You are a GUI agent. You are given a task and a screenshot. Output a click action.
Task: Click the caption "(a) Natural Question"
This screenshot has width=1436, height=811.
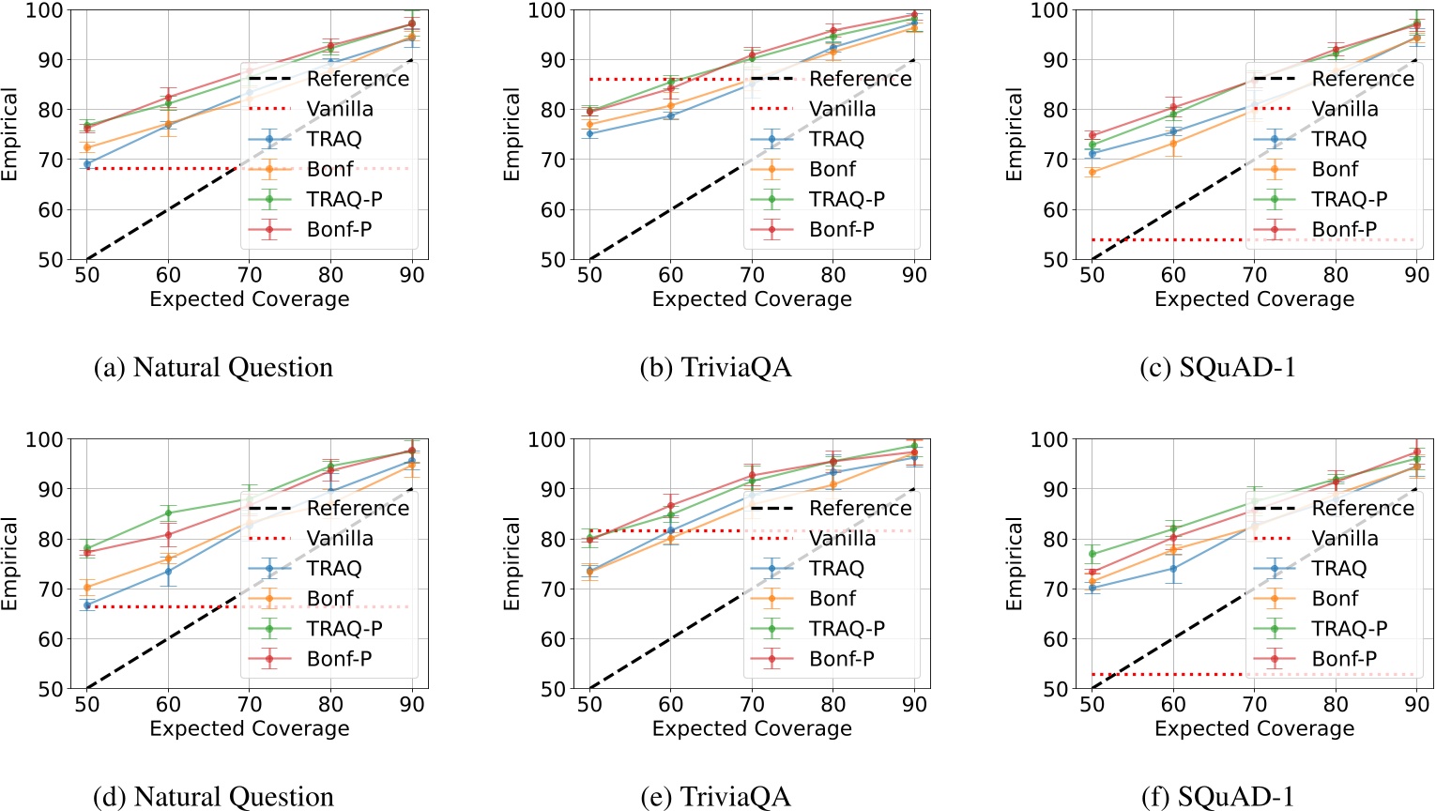[x=213, y=367]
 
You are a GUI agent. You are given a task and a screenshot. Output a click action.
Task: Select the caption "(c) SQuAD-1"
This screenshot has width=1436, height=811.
[x=1217, y=367]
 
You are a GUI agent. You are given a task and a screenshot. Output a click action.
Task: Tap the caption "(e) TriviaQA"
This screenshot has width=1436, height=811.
[x=715, y=797]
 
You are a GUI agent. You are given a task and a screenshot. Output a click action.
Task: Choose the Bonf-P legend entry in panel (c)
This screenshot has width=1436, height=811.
[x=1344, y=229]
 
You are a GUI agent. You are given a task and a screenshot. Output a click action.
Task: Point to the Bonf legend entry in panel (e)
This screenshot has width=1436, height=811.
[x=833, y=598]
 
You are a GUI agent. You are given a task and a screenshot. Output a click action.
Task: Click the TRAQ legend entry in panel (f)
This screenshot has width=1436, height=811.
[x=1338, y=568]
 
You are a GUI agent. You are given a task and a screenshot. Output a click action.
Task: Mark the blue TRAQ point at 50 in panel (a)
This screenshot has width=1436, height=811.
[x=87, y=164]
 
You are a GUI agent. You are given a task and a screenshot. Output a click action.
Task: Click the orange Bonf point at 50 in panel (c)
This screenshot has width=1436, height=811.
[x=1092, y=172]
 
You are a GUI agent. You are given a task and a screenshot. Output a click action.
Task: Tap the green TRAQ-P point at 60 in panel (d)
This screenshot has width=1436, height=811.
[x=168, y=513]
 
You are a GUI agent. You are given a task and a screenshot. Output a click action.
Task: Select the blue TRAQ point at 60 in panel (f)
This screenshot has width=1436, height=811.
[x=1173, y=568]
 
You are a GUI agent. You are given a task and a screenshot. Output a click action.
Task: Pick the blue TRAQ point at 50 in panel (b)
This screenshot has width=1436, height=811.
[x=589, y=133]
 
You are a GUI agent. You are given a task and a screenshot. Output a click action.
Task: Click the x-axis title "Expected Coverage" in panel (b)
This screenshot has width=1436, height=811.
[x=752, y=298]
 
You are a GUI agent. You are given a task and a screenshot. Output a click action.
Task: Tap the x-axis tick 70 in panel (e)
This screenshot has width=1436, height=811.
[x=752, y=704]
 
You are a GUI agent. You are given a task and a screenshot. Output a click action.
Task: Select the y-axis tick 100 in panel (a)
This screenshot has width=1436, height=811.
[x=44, y=10]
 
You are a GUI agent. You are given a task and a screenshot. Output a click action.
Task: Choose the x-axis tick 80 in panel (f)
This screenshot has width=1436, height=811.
[x=1336, y=704]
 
